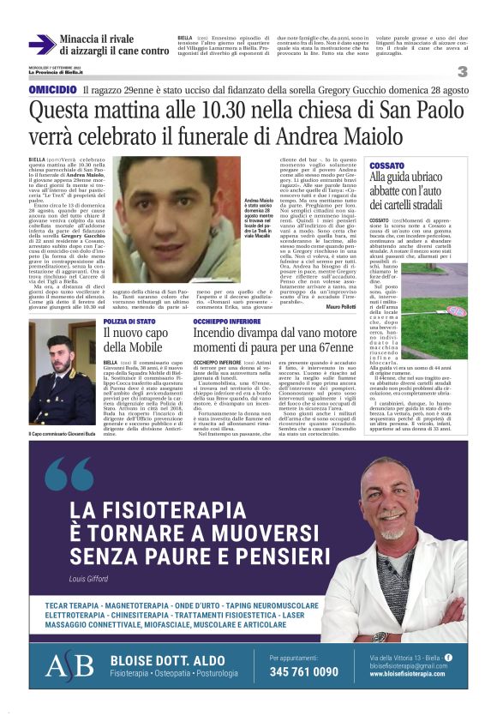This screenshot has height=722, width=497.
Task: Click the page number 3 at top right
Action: [462, 71]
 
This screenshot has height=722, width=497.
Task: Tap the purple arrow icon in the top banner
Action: [41, 45]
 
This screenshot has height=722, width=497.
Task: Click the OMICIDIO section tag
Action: [52, 89]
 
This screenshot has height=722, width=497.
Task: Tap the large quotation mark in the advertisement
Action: [69, 474]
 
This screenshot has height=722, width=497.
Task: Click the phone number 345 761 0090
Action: [302, 671]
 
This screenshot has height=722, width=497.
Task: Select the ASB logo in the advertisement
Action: [69, 665]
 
